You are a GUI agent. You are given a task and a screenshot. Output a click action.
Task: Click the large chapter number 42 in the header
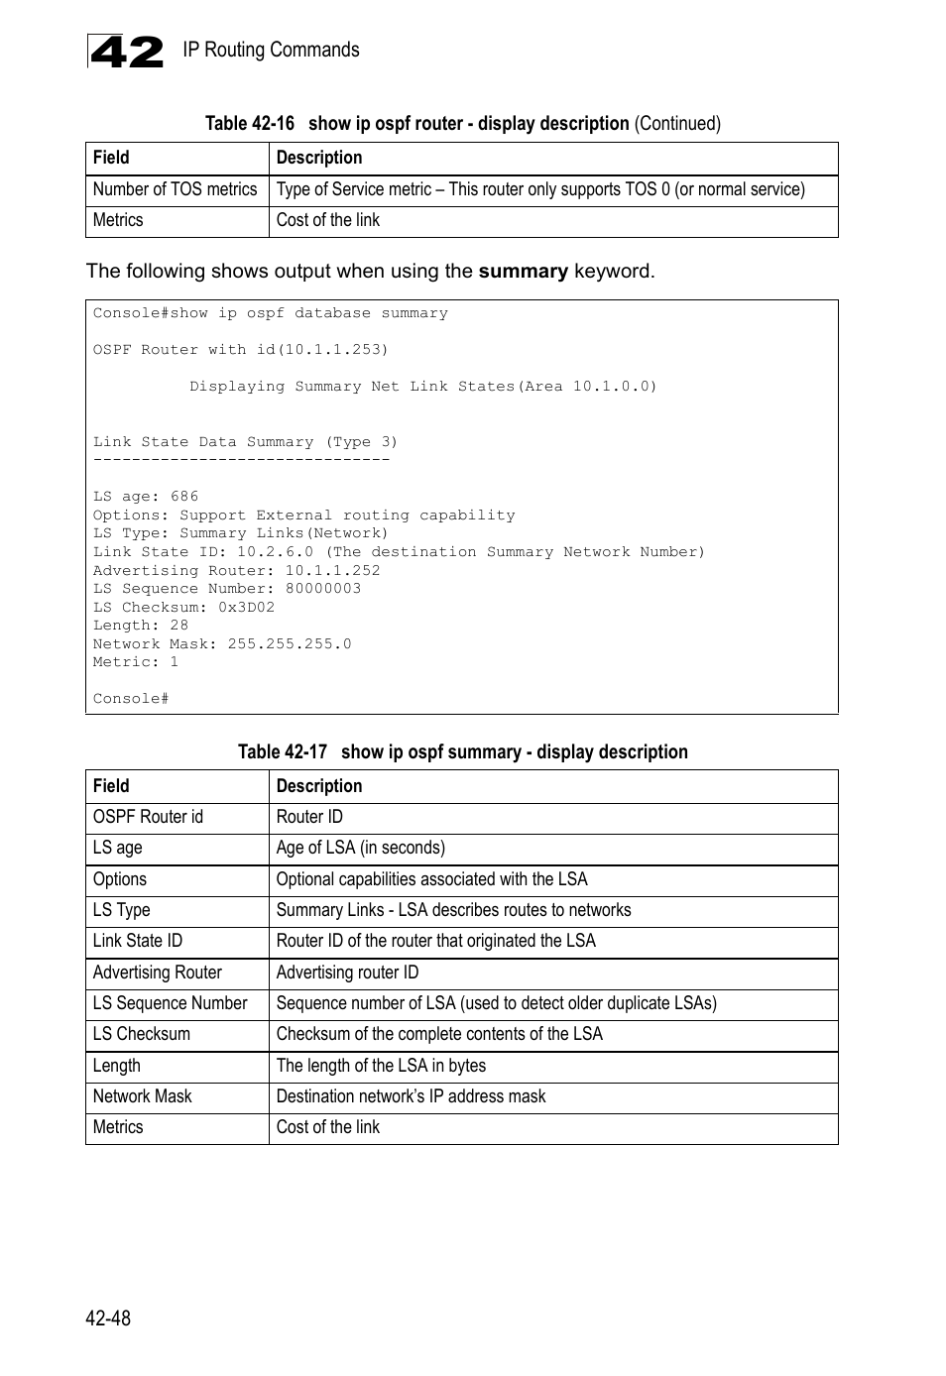coord(126,52)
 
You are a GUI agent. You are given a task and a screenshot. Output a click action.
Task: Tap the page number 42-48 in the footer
coord(108,1318)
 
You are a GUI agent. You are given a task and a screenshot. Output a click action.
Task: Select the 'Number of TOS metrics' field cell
coord(175,189)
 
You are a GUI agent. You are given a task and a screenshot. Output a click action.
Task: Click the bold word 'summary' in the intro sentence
coord(523,272)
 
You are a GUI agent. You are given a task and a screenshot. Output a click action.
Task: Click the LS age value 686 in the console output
coord(184,497)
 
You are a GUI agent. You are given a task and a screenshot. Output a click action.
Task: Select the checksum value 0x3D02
coord(246,608)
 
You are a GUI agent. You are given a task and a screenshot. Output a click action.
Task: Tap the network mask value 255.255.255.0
coord(290,644)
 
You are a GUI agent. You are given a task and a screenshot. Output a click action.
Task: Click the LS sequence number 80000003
coord(323,589)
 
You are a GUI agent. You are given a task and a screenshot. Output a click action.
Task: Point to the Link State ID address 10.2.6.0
coord(275,552)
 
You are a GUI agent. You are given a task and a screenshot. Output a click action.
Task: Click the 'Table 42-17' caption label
coord(282,752)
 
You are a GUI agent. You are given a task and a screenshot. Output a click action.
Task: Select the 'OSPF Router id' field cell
coord(148,817)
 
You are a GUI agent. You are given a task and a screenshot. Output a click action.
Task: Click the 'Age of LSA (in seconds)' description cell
coord(361,848)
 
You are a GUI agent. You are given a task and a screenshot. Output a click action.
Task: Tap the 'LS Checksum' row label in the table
coord(141,1034)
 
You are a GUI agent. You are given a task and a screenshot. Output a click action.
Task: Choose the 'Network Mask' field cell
coord(142,1096)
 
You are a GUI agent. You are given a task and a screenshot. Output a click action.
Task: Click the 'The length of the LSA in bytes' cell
coord(381,1066)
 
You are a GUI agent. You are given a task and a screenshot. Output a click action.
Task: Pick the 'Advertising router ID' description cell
coord(347,973)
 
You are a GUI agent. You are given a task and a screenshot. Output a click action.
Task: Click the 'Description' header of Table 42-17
coord(319,786)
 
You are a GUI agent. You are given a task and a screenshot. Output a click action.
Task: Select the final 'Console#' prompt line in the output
coord(131,699)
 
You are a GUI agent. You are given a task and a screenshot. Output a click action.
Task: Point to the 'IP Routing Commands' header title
coord(271,51)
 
